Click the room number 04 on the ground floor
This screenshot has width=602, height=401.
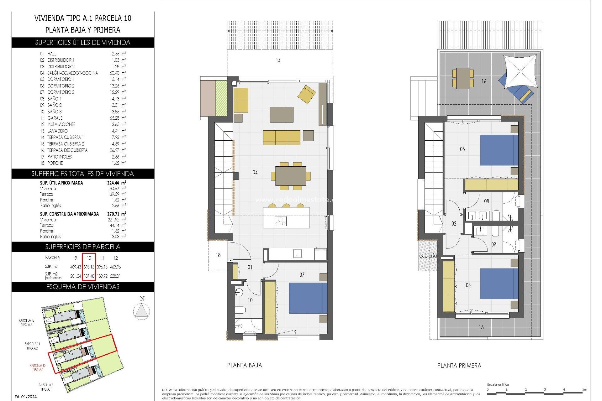coord(255,172)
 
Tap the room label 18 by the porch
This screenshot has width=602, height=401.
coord(218,255)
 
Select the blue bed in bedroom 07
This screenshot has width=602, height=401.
coord(308,298)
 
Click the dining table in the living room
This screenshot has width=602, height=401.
coord(291,176)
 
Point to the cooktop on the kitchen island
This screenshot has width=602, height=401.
coord(281,221)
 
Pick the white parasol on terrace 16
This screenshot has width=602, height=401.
coord(520,71)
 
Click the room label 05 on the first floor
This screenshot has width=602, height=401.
coord(462,149)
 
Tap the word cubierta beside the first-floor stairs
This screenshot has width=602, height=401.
coord(428,256)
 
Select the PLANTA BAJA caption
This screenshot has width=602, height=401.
coord(245,365)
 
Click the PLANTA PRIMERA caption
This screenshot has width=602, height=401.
coord(459,366)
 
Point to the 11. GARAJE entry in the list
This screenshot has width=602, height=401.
coord(55,118)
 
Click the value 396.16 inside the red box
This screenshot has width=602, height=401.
coord(89,267)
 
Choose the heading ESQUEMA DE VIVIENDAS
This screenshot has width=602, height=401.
coord(83,287)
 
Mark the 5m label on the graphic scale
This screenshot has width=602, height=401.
coord(584,389)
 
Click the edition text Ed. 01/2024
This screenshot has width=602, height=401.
coord(26,397)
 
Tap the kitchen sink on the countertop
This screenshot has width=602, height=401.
coord(297,254)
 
